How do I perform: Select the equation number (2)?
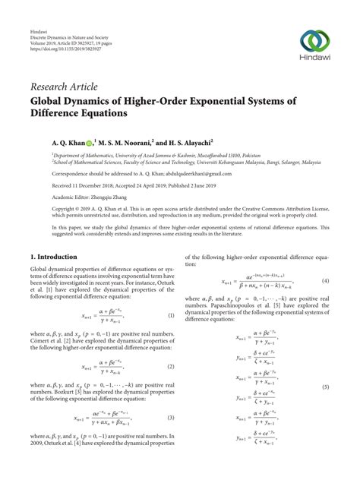[171, 366]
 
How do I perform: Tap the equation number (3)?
[171, 417]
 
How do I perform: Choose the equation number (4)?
[324, 281]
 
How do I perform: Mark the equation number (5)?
[326, 387]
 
